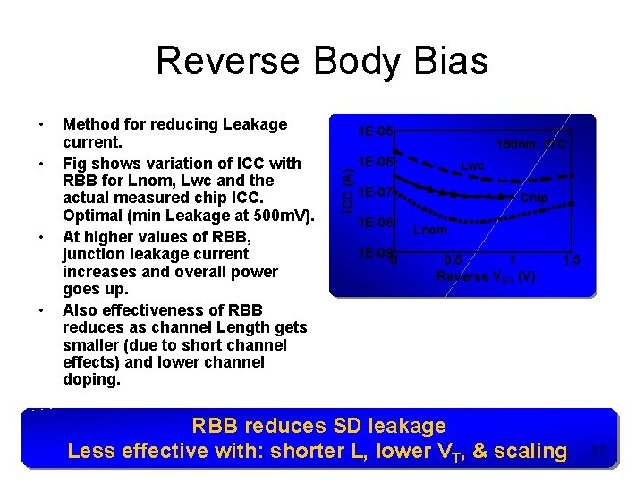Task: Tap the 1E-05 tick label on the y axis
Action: click(374, 132)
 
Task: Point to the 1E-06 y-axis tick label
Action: click(374, 162)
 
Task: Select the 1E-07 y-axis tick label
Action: click(374, 192)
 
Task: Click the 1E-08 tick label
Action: click(374, 223)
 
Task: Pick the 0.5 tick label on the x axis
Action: click(453, 260)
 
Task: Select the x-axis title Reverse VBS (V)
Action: click(486, 276)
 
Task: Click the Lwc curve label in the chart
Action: click(472, 165)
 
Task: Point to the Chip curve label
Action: click(534, 198)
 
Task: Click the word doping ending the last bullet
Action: click(89, 379)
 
